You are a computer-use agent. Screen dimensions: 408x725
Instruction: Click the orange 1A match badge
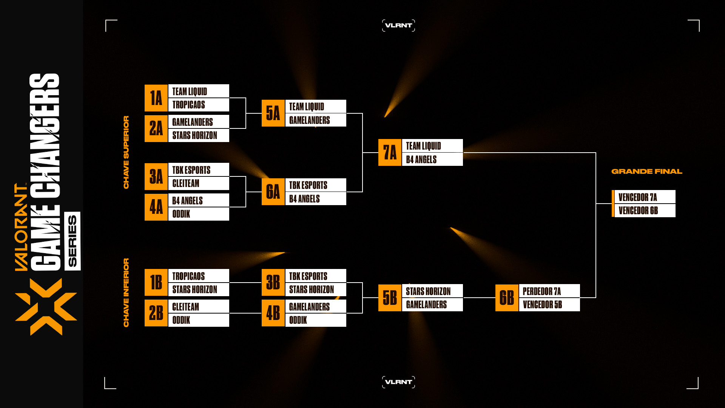click(x=156, y=98)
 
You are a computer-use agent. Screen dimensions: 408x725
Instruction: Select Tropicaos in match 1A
click(x=198, y=105)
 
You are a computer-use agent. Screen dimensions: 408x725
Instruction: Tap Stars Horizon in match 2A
click(x=198, y=135)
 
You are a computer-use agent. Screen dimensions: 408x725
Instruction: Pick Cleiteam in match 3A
click(x=198, y=184)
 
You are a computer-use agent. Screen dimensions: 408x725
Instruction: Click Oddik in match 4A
click(x=198, y=214)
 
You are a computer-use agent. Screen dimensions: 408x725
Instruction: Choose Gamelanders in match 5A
click(x=315, y=120)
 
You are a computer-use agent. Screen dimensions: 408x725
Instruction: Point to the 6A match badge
click(x=273, y=192)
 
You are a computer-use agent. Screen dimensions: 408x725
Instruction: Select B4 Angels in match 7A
click(x=432, y=159)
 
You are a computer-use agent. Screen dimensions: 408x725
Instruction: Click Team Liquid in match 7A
click(x=432, y=146)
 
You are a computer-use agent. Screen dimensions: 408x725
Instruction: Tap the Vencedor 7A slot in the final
click(x=645, y=197)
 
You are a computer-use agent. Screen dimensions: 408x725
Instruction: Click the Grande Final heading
click(x=646, y=172)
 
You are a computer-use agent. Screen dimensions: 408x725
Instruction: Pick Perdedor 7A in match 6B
click(x=549, y=291)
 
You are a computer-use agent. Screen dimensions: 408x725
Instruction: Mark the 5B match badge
click(x=390, y=298)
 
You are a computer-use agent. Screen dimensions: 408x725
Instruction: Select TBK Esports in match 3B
click(x=315, y=276)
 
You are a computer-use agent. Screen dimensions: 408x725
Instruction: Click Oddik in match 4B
click(x=315, y=320)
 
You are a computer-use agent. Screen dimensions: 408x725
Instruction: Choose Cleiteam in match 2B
click(x=198, y=307)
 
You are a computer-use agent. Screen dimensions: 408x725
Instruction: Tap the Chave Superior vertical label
click(x=126, y=152)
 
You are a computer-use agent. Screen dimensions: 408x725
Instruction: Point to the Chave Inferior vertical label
click(x=126, y=293)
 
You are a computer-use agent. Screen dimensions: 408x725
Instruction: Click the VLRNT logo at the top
click(x=398, y=25)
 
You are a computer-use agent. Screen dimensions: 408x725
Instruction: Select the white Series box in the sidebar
click(x=72, y=241)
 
